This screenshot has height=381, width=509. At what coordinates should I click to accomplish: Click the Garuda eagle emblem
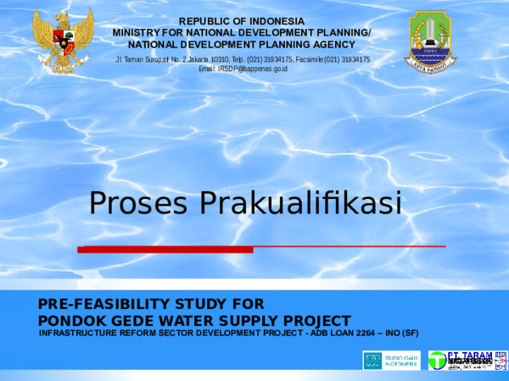click(63, 40)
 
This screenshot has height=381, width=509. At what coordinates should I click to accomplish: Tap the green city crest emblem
click(429, 39)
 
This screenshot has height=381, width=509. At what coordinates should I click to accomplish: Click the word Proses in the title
click(140, 204)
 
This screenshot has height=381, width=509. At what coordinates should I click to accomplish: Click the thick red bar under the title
click(165, 250)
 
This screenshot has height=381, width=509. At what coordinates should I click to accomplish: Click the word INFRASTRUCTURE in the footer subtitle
click(81, 333)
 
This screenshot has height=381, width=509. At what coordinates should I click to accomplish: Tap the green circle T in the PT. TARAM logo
click(437, 361)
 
